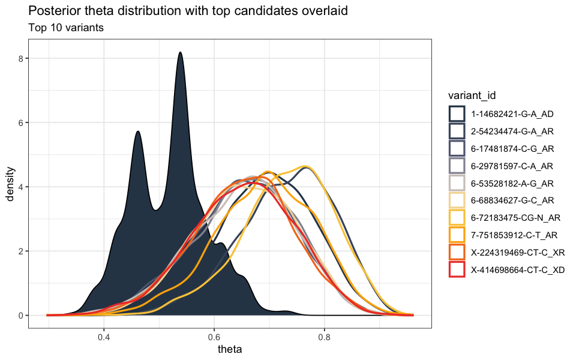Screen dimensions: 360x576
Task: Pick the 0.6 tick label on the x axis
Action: [214, 337]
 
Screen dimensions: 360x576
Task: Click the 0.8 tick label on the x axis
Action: [325, 337]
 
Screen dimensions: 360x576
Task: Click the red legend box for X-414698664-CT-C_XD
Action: [457, 270]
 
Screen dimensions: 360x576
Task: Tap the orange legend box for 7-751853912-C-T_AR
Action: [457, 235]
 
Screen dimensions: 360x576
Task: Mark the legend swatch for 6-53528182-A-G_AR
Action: [457, 183]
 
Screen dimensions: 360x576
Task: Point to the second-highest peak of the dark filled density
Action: [138, 131]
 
